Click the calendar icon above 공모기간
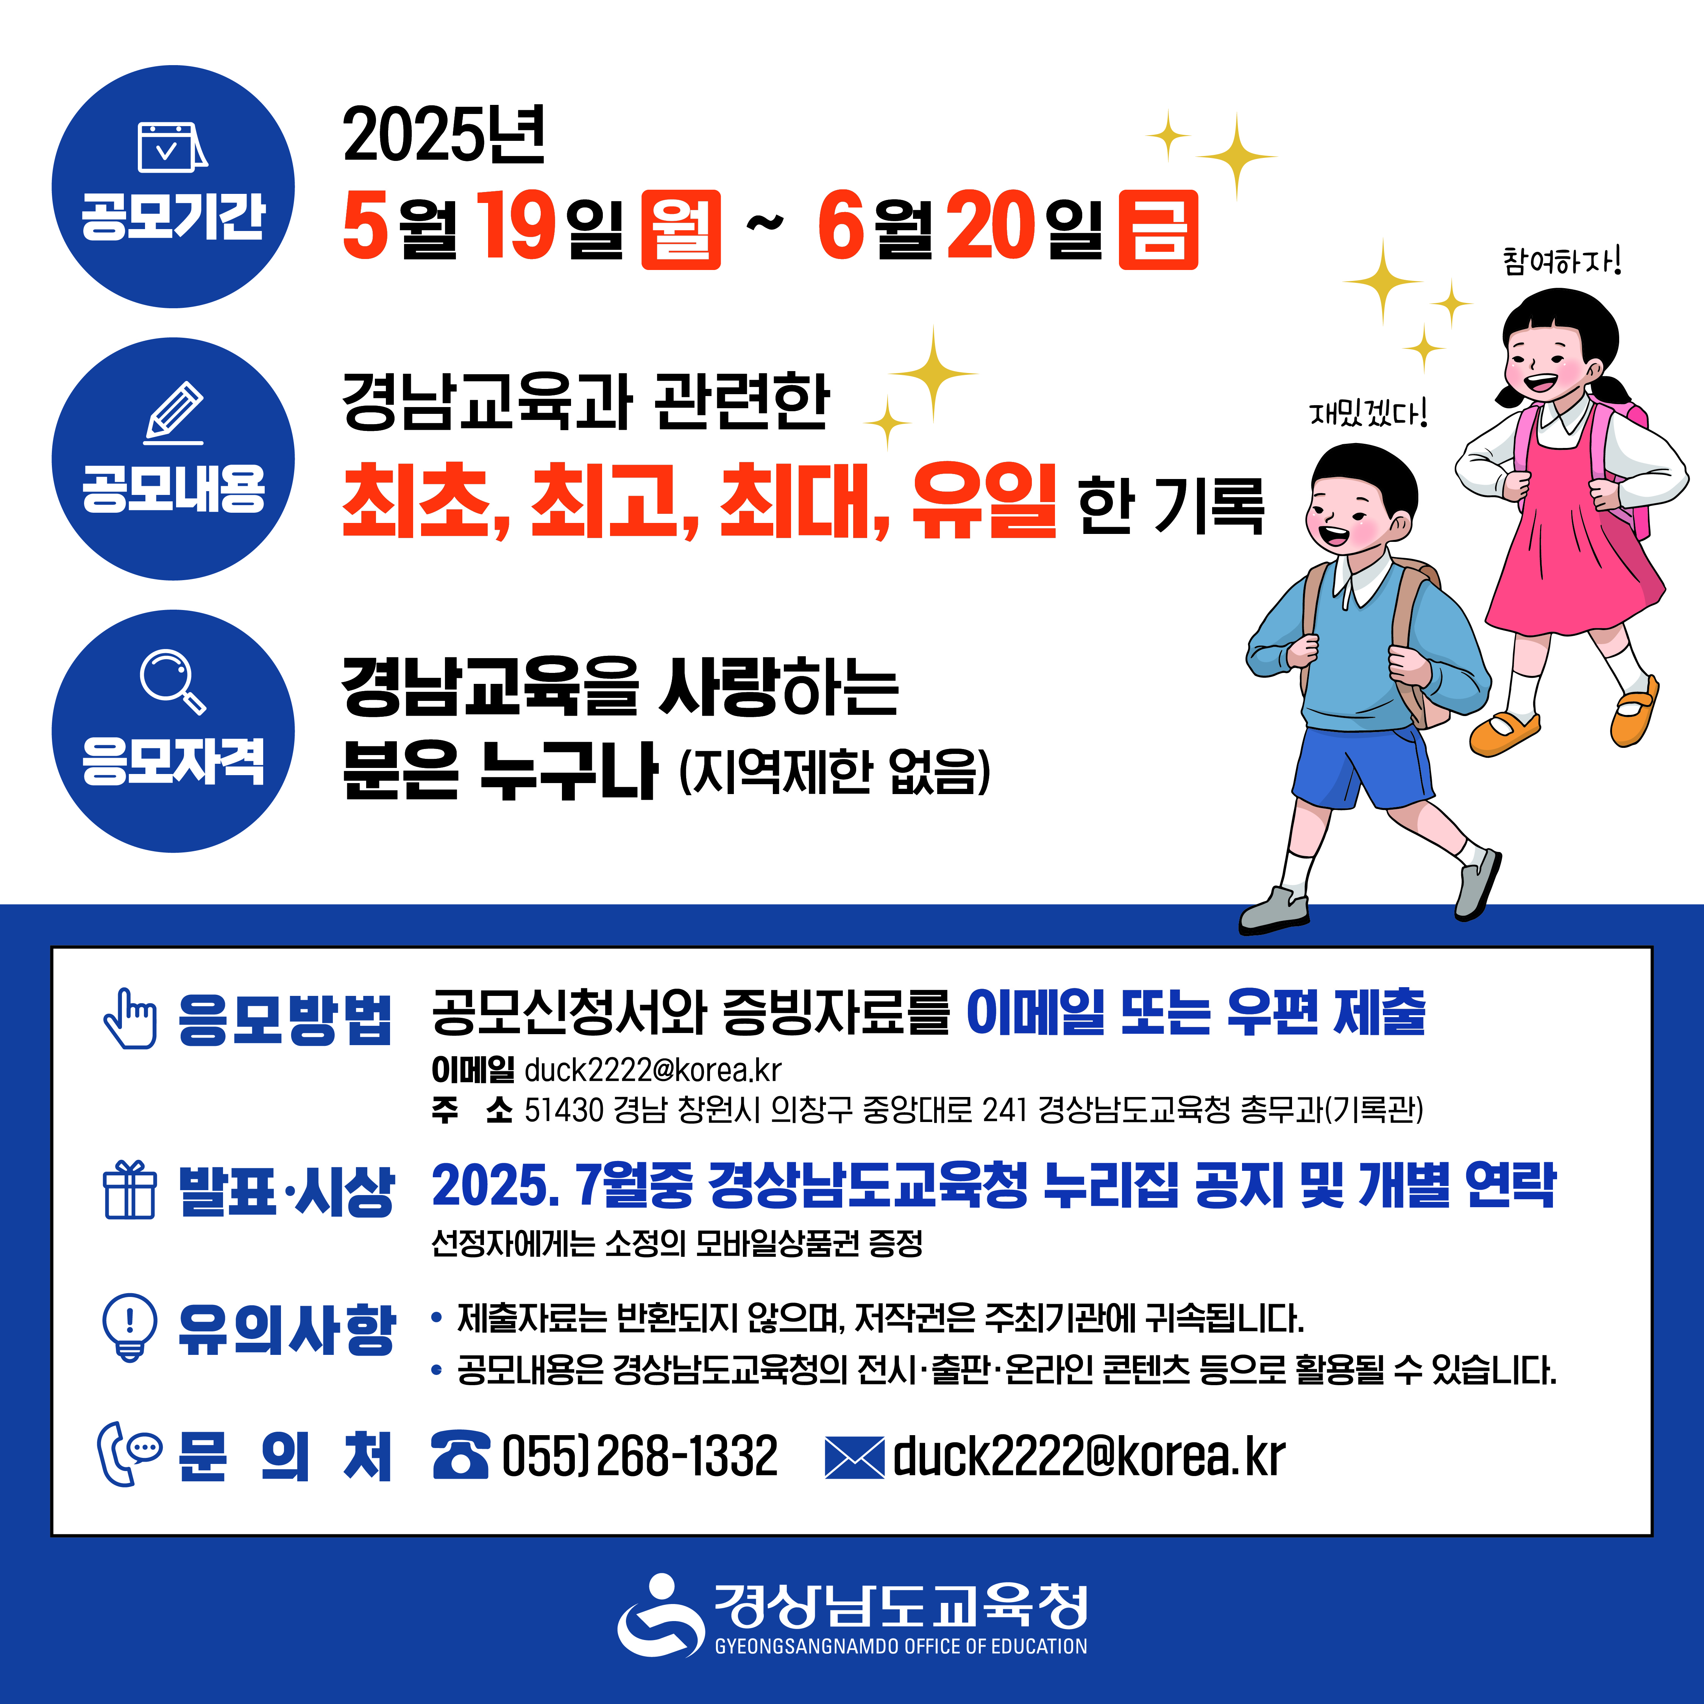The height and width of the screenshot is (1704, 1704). [173, 147]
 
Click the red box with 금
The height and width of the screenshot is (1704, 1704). [1158, 229]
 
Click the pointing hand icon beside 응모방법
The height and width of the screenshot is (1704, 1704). [131, 1019]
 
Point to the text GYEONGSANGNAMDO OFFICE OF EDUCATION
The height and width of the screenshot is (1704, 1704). [900, 1646]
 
